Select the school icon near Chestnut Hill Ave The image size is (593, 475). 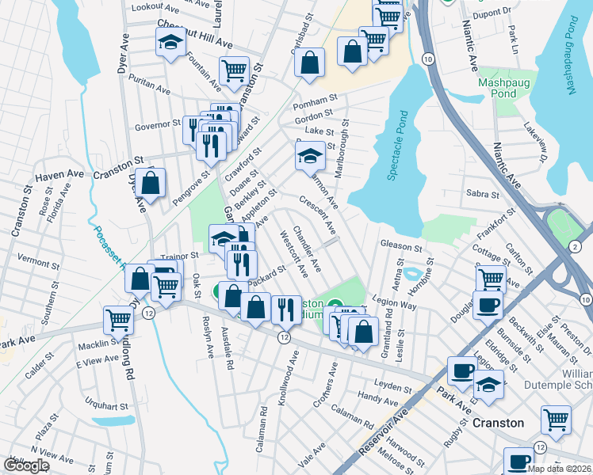[170, 45]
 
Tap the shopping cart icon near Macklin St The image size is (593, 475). [118, 320]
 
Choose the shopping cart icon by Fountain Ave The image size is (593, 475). [234, 70]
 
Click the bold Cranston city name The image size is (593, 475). [498, 423]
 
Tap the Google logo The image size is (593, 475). [26, 465]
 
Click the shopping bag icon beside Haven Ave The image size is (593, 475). [150, 184]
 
